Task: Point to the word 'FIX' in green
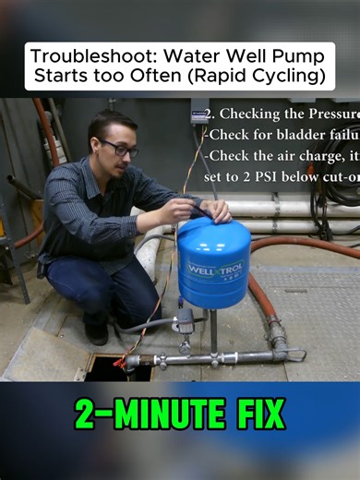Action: coord(250,414)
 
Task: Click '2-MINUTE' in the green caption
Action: coord(138,414)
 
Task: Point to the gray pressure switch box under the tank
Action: coord(185,321)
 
